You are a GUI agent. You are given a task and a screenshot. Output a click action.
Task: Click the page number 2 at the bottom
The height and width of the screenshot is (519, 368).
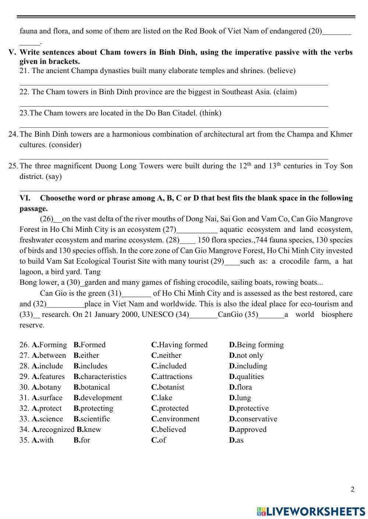pos(353,489)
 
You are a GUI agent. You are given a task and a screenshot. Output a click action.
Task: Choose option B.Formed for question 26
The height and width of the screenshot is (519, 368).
pos(89,345)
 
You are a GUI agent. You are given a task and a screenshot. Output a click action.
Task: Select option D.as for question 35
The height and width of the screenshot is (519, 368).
pos(236,440)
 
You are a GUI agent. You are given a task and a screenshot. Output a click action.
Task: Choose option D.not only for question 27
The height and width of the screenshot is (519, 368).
pos(246,356)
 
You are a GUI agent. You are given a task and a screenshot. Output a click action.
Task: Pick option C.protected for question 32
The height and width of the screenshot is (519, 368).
pos(170,408)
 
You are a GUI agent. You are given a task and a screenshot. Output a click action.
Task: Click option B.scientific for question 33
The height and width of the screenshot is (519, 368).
pos(92,419)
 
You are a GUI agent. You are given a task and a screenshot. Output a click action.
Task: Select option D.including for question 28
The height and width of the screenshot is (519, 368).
pos(248,366)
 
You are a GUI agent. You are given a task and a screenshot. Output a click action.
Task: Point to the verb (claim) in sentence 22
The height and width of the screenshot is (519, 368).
pos(285,92)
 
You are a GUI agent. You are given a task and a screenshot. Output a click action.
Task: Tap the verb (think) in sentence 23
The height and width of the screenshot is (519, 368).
pos(210,113)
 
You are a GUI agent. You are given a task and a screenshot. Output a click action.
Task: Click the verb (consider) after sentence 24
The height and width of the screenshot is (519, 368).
pos(65,145)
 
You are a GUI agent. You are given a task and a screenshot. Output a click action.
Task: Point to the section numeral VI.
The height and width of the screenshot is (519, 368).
pos(25,198)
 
